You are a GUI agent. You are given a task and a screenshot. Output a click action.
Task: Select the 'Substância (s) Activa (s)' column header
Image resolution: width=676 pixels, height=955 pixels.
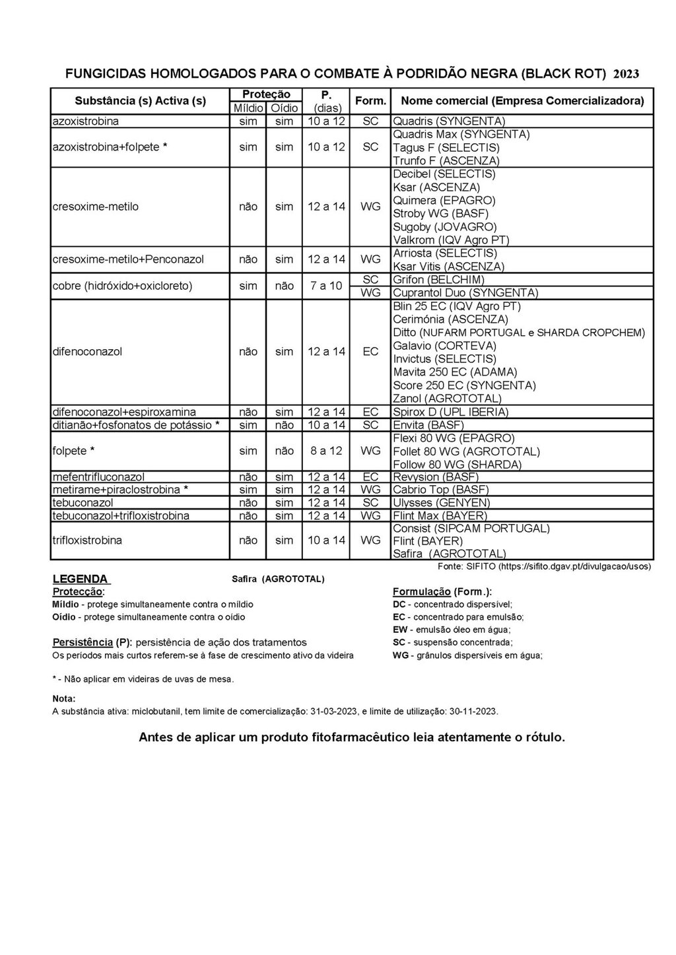(x=140, y=101)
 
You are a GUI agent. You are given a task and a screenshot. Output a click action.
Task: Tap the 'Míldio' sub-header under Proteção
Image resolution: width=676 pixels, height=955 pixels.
(x=248, y=108)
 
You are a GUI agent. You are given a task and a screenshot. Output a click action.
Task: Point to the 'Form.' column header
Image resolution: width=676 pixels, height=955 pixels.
(x=370, y=101)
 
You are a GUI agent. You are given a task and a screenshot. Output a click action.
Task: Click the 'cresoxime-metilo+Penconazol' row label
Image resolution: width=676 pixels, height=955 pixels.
(x=128, y=259)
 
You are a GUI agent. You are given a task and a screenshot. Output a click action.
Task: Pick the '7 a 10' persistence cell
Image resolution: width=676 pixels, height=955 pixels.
(x=326, y=286)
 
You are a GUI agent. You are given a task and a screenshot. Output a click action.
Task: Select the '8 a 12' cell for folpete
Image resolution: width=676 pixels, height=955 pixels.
(x=326, y=451)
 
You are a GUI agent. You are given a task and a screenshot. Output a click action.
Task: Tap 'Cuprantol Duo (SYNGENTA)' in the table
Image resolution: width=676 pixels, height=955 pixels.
(x=465, y=292)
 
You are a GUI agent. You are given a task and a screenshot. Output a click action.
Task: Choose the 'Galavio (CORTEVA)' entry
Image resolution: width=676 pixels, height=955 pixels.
(x=444, y=345)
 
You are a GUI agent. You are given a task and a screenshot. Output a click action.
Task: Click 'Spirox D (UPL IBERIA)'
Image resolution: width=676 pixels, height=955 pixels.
(x=451, y=412)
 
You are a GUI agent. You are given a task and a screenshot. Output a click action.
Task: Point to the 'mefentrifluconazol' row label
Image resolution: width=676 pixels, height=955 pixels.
(x=98, y=477)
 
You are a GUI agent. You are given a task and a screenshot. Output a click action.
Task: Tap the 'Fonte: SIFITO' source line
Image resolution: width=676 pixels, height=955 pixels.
(x=545, y=566)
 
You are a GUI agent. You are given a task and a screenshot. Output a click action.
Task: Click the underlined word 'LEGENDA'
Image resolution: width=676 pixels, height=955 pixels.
(x=80, y=579)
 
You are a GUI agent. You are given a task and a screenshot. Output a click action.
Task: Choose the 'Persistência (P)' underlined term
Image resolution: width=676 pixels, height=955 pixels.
(x=92, y=642)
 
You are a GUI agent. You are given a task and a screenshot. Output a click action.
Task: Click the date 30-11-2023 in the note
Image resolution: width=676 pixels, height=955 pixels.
(x=474, y=711)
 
